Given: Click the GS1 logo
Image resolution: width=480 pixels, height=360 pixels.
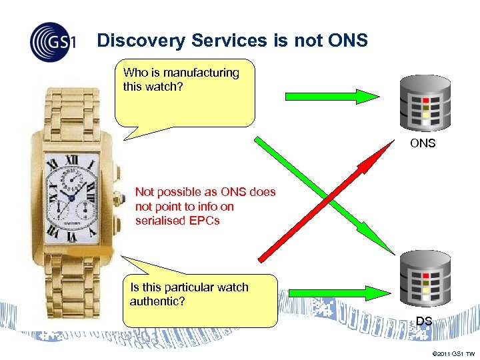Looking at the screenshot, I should click(53, 42).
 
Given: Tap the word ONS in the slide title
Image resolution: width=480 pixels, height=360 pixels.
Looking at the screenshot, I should click(348, 41).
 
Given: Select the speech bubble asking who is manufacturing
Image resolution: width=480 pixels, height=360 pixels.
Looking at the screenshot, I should click(185, 94).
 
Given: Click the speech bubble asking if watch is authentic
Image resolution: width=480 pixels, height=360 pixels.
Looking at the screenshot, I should click(200, 300).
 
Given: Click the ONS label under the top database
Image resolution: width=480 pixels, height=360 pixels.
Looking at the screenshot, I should click(423, 143).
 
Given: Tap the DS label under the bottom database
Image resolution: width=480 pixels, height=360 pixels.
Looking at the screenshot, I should click(424, 321).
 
